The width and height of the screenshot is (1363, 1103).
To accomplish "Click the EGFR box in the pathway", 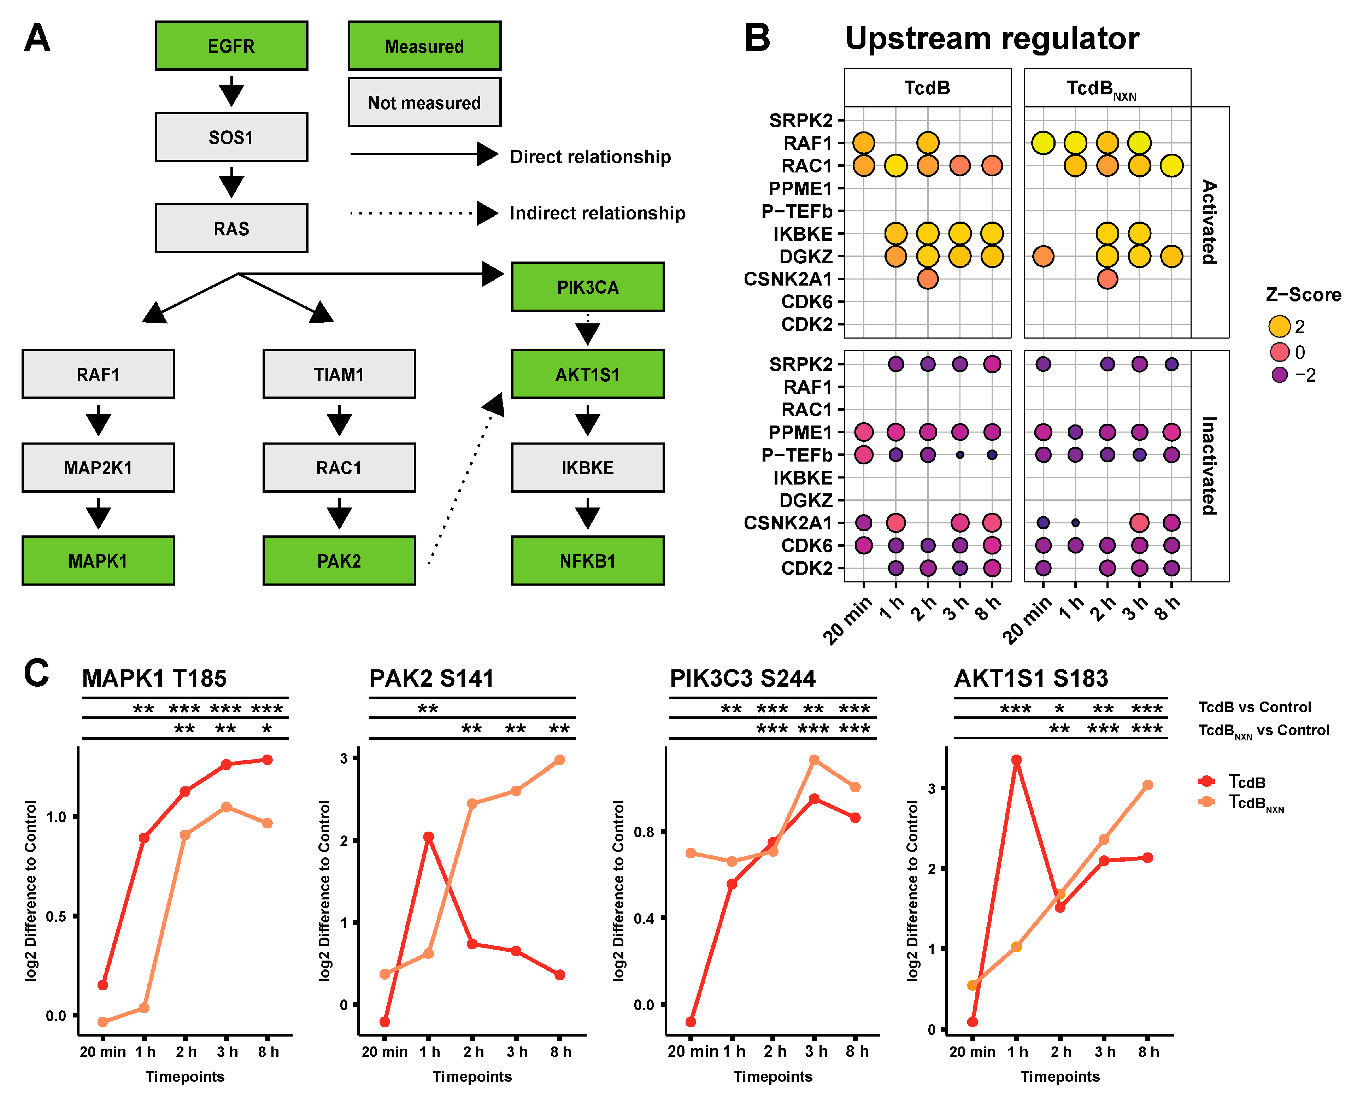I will pos(231,46).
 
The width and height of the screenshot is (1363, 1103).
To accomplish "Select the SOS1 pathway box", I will pos(231,137).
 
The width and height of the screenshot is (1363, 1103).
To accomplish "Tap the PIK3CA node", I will pos(587,287).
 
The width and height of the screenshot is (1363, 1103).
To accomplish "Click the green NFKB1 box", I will pos(587,561).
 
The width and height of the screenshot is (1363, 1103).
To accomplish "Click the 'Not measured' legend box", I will pos(424,102).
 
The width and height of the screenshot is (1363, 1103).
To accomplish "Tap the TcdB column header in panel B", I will pos(927,88).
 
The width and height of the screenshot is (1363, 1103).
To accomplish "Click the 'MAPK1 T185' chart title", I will pos(154,679).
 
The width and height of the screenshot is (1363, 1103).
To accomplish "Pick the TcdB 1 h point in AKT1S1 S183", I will pos(1016,760).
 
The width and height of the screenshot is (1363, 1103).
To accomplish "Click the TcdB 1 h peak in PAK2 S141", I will pos(429,837).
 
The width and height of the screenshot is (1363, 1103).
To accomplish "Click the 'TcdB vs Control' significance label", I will pos(1255,707).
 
